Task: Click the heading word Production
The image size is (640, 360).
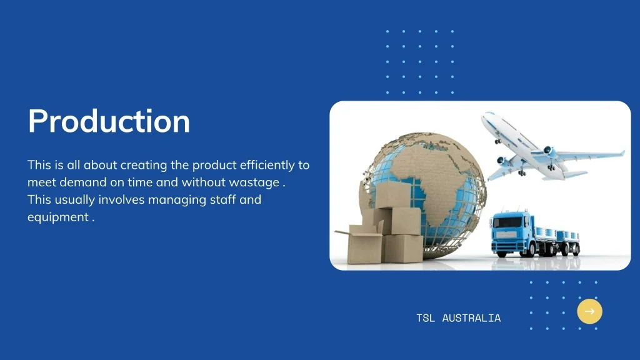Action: pyautogui.click(x=109, y=121)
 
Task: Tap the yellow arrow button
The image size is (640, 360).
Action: pyautogui.click(x=589, y=311)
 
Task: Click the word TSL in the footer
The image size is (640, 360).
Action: pyautogui.click(x=425, y=318)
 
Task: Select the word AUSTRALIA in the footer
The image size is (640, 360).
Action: pyautogui.click(x=471, y=318)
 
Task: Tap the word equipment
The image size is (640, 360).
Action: pyautogui.click(x=58, y=217)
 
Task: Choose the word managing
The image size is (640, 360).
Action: pyautogui.click(x=177, y=200)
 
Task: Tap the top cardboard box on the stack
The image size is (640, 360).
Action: pyautogui.click(x=392, y=195)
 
